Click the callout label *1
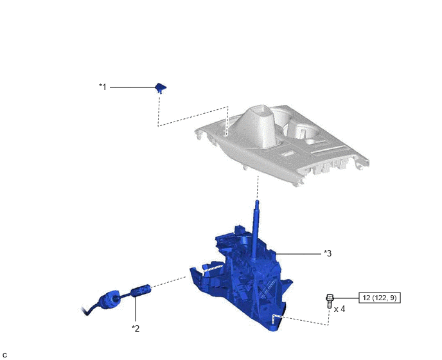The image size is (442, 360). [103, 87]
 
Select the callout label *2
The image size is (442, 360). [136, 328]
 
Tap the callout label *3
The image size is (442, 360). [328, 253]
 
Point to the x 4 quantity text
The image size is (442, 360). [339, 309]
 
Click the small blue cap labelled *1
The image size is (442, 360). [161, 87]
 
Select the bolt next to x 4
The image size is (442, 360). [329, 301]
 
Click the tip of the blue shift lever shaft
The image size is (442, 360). [257, 201]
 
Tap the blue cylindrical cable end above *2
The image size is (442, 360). [141, 291]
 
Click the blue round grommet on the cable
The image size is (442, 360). [109, 300]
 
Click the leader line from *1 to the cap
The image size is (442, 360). [133, 87]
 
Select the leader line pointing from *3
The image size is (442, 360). [298, 254]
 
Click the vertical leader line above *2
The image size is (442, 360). [136, 309]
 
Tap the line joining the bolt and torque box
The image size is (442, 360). [346, 298]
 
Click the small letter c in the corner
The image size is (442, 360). [4, 355]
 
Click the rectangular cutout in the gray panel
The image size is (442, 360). [288, 153]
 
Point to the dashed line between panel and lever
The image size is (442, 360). [258, 187]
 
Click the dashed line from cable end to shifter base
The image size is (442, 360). [168, 282]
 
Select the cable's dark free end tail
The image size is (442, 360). [85, 311]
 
